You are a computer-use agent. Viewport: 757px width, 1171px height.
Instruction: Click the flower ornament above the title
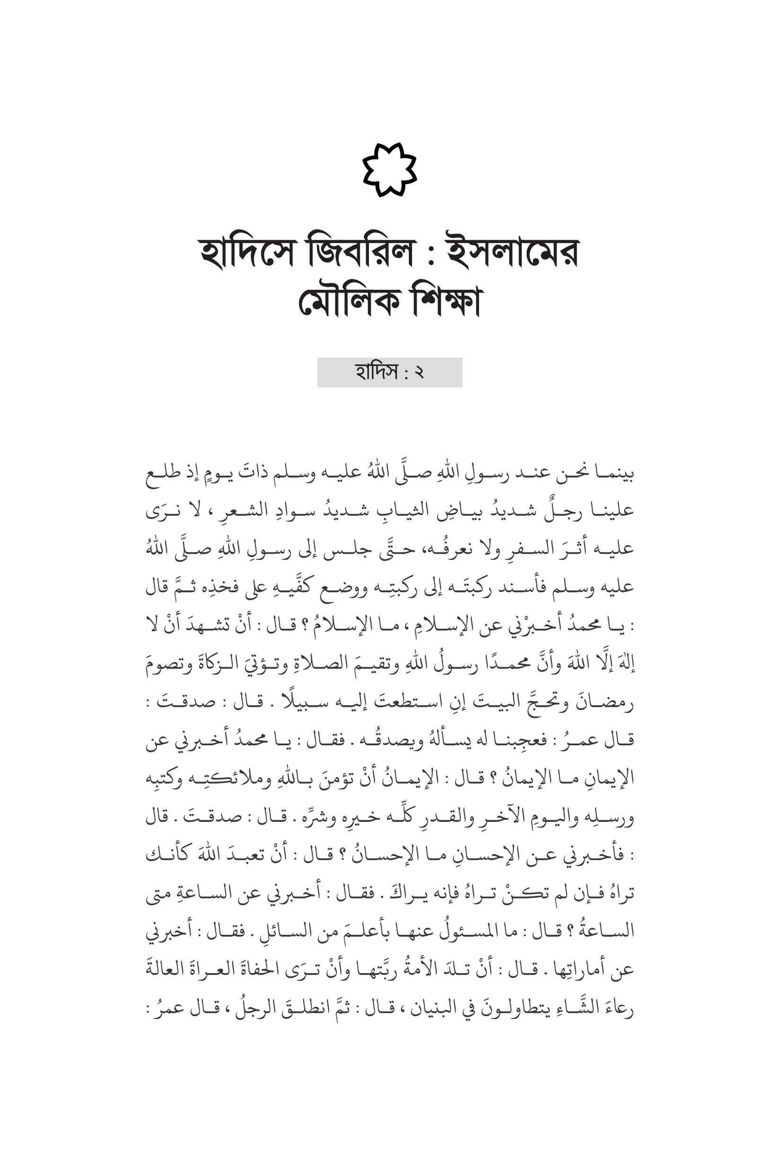tap(389, 170)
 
